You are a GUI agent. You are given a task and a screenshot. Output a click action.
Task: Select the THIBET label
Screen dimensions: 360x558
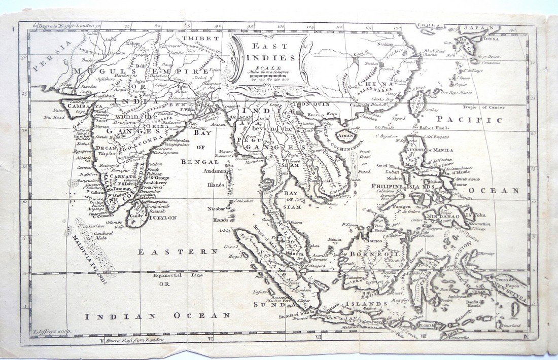coord(200,38)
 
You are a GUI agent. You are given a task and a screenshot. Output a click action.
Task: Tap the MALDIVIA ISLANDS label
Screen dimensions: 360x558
coord(89,259)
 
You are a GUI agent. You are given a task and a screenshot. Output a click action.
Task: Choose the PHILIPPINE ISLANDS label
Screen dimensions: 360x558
coord(410,186)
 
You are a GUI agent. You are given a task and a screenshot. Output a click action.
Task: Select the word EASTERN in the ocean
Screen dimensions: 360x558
coord(178,251)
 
